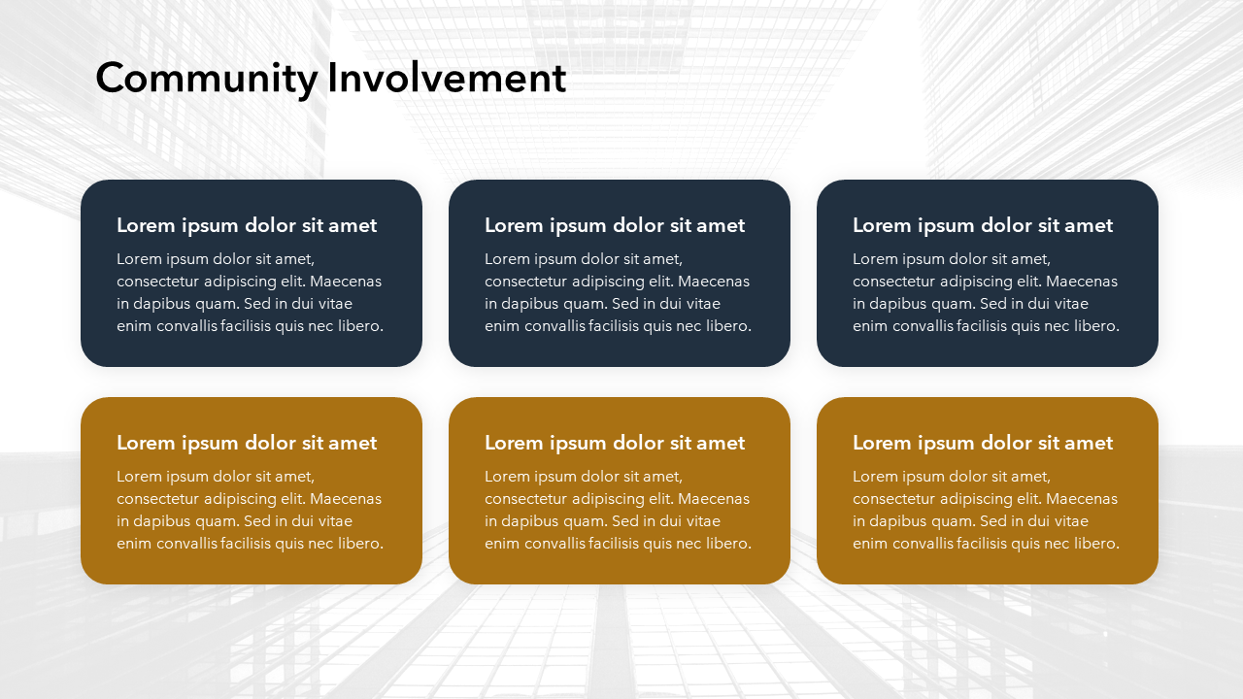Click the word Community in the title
click(x=207, y=79)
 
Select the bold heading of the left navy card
click(x=247, y=225)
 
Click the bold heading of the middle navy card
click(x=615, y=225)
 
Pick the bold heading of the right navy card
click(x=983, y=225)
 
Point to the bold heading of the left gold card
click(x=247, y=443)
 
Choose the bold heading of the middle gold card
click(x=615, y=443)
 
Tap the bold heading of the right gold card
click(x=983, y=443)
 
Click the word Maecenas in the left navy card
click(x=346, y=282)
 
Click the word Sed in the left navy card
click(x=257, y=304)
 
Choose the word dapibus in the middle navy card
click(x=530, y=305)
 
